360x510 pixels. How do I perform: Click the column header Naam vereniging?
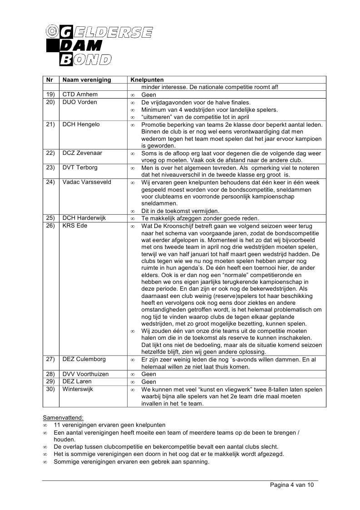tap(87, 80)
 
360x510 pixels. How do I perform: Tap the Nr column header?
tap(50, 80)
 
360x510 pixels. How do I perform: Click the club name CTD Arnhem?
tap(80, 94)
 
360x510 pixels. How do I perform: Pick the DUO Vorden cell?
tap(80, 102)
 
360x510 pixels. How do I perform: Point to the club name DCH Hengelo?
tap(81, 124)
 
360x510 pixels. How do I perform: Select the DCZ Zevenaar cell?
tap(82, 153)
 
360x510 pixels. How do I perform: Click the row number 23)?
tap(50, 168)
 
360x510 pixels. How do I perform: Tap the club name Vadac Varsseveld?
tap(87, 182)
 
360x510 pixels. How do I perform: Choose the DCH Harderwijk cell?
tap(84, 218)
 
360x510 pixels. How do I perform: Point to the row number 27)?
tap(50, 359)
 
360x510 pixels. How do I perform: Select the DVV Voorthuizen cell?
tap(86, 374)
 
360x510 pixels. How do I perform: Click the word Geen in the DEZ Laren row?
tap(149, 382)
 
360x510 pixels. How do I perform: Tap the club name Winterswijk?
tap(78, 389)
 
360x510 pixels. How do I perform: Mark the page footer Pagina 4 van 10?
tap(291, 485)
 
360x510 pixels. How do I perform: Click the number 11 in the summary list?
tap(57, 425)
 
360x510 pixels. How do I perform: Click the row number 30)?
tap(50, 389)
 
